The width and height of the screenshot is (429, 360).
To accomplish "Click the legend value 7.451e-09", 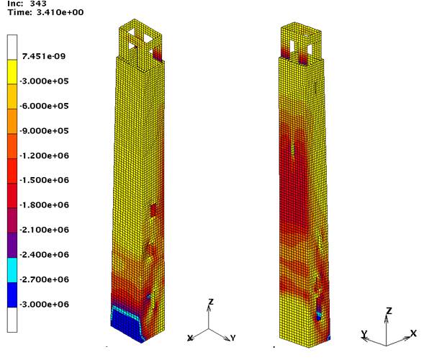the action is (44, 56).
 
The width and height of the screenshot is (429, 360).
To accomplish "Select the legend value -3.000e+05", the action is (44, 81).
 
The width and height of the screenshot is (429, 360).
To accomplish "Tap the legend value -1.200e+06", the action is (44, 156).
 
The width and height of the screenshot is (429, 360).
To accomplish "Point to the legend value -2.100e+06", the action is (44, 230).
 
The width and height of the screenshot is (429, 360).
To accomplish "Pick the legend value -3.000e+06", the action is (44, 305).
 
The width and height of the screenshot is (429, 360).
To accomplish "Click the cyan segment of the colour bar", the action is (12, 270).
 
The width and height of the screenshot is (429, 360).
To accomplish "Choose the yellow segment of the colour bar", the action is (12, 72).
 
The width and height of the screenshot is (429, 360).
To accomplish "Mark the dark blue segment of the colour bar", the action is (12, 295).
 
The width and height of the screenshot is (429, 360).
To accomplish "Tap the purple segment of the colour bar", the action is (12, 246).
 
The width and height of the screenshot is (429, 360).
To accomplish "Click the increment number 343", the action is (38, 4).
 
